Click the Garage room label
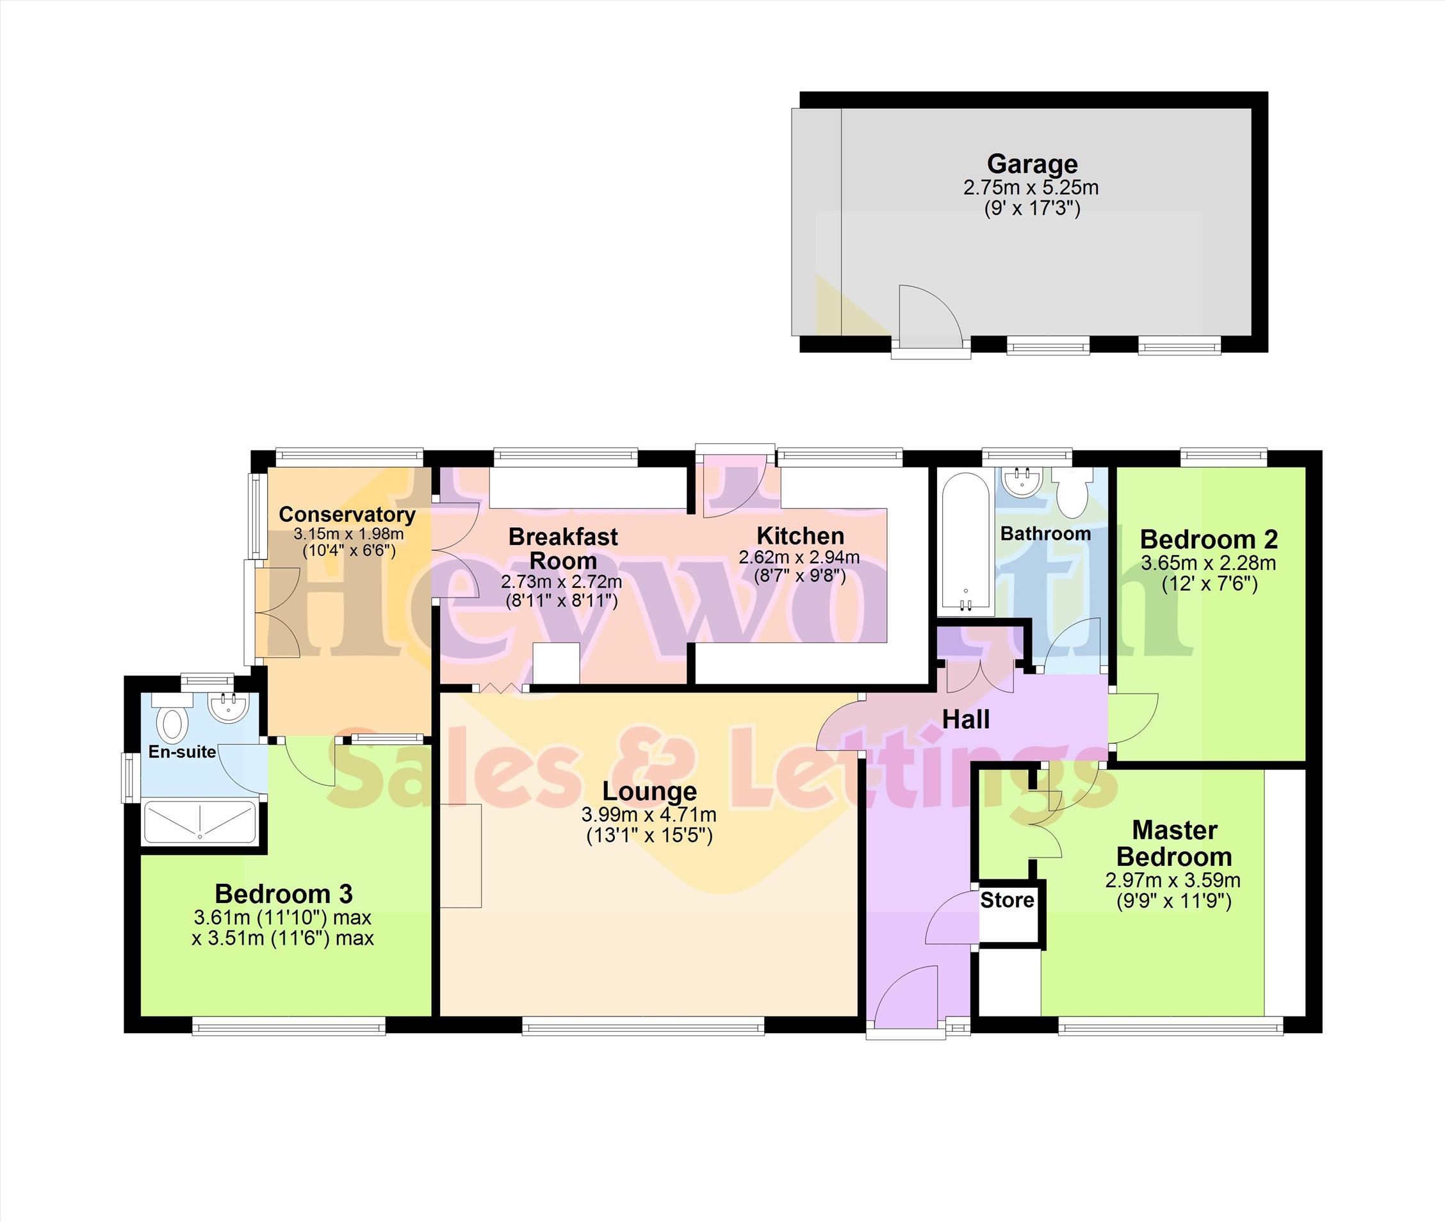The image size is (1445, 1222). point(1032,164)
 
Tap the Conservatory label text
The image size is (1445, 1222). point(347,515)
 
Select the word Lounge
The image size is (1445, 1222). point(649,791)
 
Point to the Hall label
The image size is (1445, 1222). point(967,720)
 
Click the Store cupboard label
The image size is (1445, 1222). point(1007,900)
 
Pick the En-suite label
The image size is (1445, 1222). point(182,752)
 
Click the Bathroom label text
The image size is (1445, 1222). point(1045,534)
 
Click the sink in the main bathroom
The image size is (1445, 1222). point(1022,482)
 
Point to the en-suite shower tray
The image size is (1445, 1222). point(199,823)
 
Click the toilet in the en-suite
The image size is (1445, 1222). point(172,721)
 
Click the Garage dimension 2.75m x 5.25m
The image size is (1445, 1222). point(1031,188)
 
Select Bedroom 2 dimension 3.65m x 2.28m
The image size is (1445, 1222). point(1209,563)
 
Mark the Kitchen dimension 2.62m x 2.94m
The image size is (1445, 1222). point(799,557)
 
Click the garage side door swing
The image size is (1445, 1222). point(930,315)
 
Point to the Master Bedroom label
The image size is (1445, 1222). point(1175,843)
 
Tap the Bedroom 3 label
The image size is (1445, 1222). point(284,893)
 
